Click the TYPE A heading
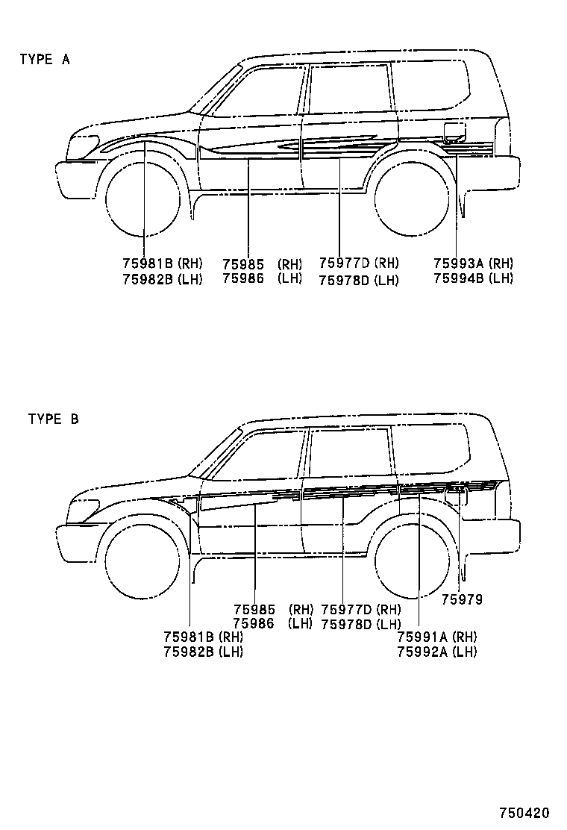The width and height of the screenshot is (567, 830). click(45, 60)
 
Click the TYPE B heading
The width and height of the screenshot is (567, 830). click(53, 419)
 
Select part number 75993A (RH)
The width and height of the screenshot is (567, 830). click(473, 263)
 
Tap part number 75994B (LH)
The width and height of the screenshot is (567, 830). click(473, 278)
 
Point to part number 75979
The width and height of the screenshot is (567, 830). click(462, 599)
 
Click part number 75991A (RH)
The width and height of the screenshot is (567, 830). click(437, 637)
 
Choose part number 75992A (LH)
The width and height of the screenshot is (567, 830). click(437, 652)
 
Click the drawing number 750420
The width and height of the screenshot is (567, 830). click(524, 812)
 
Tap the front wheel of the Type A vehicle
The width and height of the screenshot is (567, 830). click(142, 199)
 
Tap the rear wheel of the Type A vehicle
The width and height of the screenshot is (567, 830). click(411, 198)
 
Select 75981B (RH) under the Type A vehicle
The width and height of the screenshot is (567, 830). click(163, 263)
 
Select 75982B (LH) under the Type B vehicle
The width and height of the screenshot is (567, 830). click(203, 652)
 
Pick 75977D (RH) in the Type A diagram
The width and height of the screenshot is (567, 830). click(359, 263)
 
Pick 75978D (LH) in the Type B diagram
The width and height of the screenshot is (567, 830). click(361, 624)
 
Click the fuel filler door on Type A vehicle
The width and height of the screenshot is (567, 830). click(454, 134)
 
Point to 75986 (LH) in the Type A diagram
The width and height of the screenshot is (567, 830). click(262, 278)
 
